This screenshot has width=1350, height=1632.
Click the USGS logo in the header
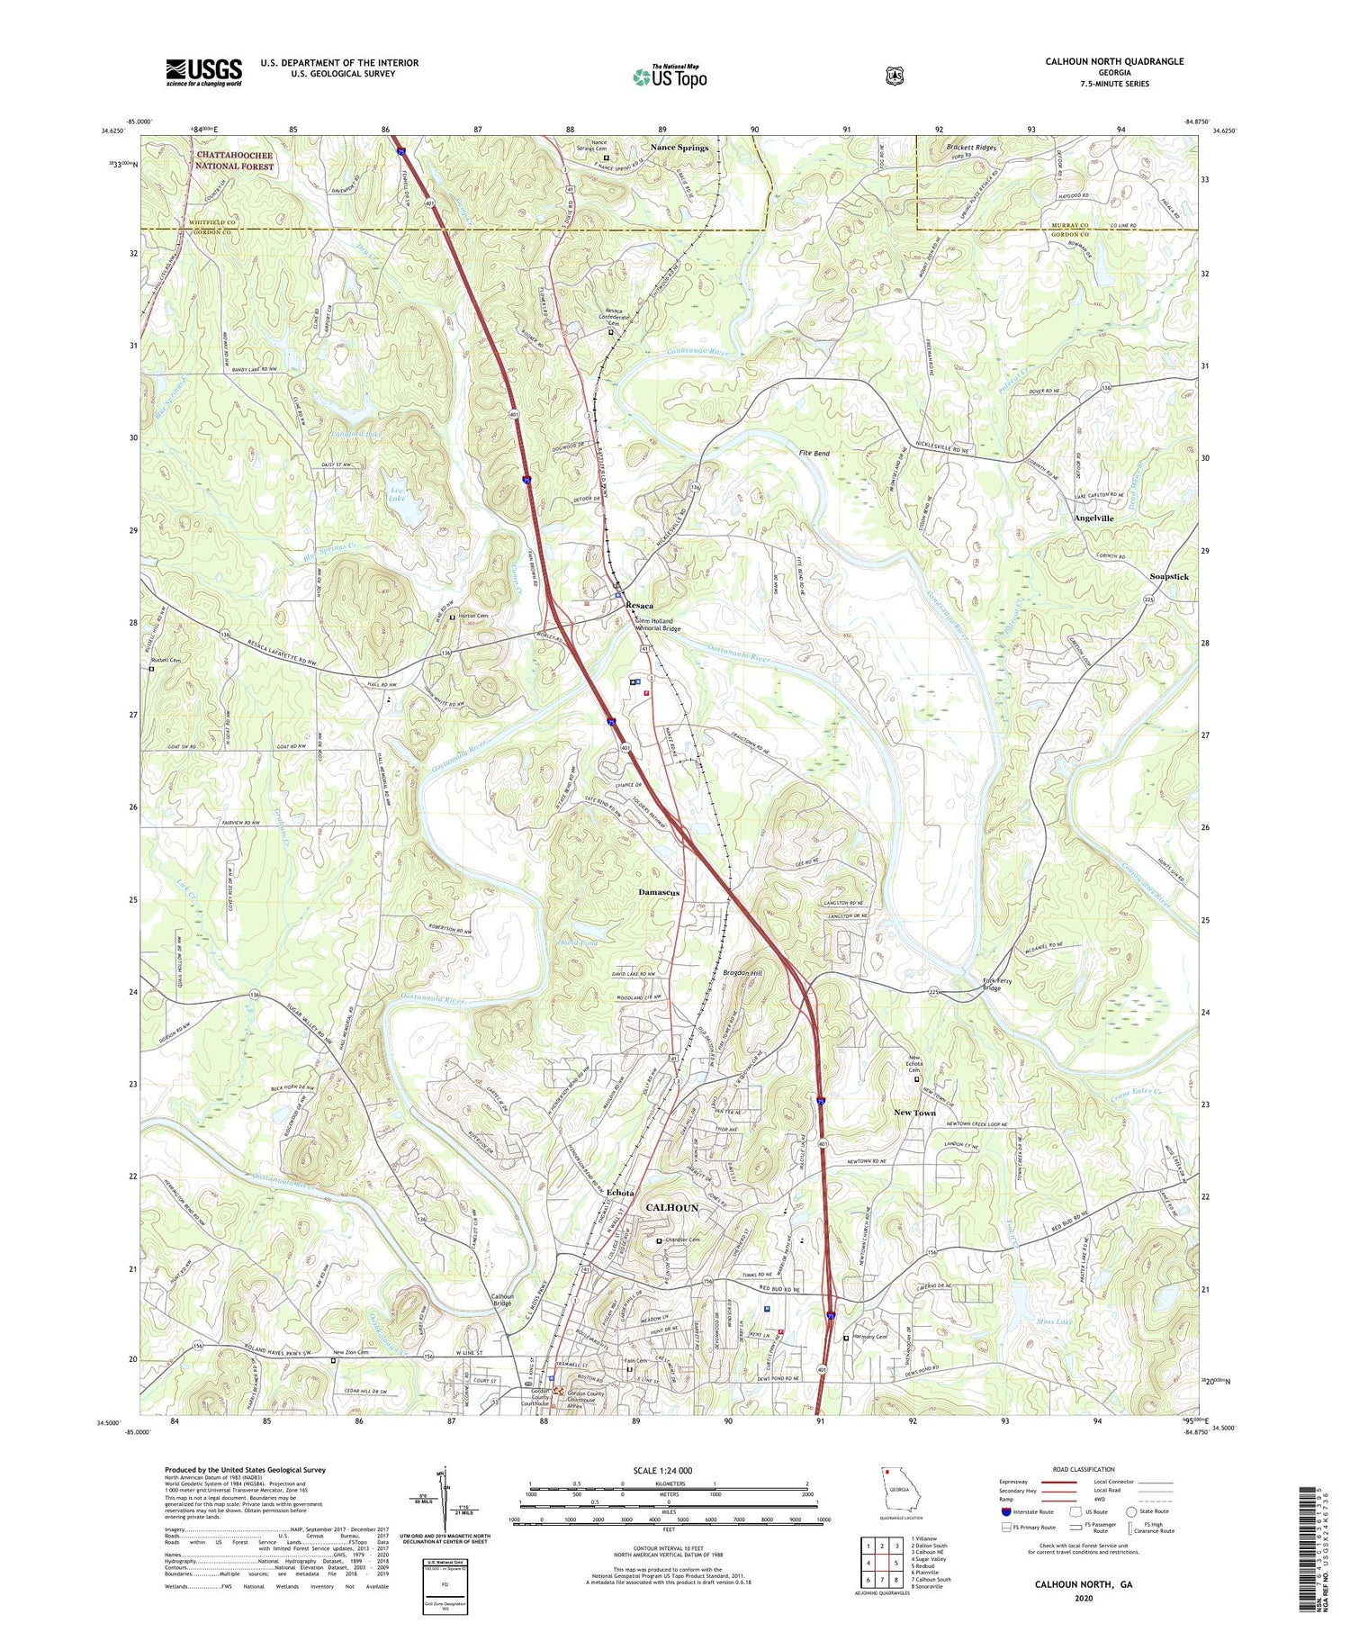pyautogui.click(x=203, y=71)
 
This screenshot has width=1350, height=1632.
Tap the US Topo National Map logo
pyautogui.click(x=670, y=76)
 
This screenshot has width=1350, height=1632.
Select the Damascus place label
pyautogui.click(x=659, y=892)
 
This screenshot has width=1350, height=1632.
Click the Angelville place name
pyautogui.click(x=1093, y=518)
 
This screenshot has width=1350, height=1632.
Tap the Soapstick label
pyautogui.click(x=1169, y=576)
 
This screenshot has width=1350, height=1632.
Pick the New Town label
pyautogui.click(x=914, y=1113)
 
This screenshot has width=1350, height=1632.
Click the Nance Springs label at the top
pyautogui.click(x=679, y=148)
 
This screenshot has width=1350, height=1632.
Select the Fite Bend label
pyautogui.click(x=814, y=454)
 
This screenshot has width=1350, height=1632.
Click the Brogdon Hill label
pyautogui.click(x=742, y=973)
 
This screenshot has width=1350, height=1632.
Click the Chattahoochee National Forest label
pyautogui.click(x=235, y=160)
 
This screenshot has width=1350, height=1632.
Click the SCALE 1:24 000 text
pyautogui.click(x=668, y=1471)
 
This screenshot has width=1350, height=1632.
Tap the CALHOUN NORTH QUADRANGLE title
pyautogui.click(x=1114, y=61)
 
